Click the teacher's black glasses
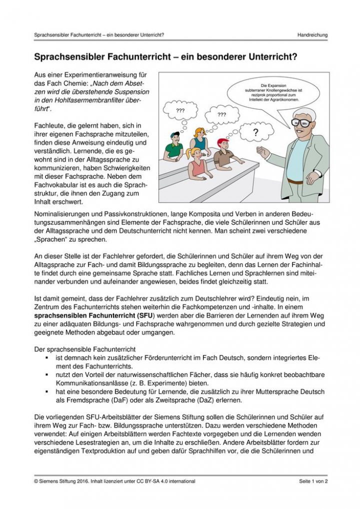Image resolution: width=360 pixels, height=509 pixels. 301,122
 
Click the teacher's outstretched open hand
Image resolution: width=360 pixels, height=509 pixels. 263,151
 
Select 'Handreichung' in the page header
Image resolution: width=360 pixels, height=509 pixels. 312,35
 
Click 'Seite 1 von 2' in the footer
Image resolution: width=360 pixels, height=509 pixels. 310,481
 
